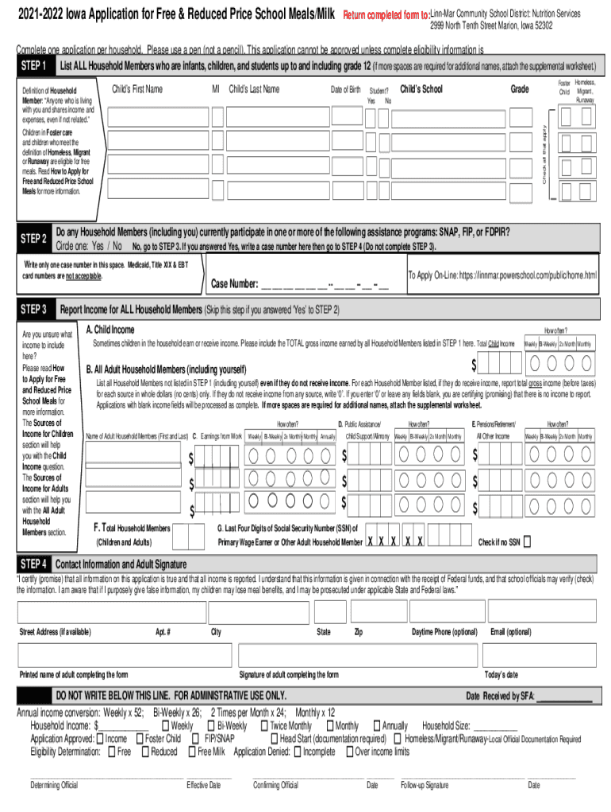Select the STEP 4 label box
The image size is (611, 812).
[34, 564]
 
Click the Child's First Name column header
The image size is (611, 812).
[137, 89]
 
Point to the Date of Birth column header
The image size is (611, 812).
[345, 90]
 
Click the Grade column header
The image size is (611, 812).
[520, 89]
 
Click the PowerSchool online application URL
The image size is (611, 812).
[501, 275]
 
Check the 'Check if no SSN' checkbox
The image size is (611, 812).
[527, 542]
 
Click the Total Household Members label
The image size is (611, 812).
[132, 527]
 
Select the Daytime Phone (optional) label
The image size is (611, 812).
[444, 632]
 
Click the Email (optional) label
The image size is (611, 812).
[511, 632]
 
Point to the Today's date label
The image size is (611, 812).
[501, 675]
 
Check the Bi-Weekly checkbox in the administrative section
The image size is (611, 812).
[211, 726]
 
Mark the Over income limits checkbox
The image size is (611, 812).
[349, 752]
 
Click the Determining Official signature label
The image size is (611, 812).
[54, 785]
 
